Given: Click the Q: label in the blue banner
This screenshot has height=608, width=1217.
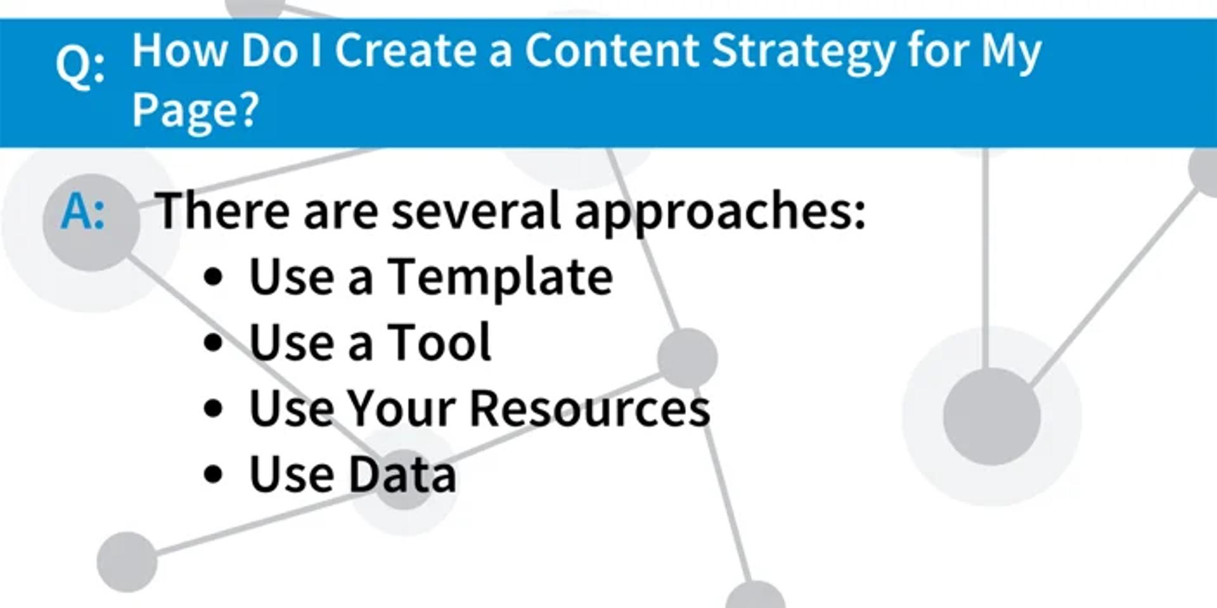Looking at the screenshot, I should click(80, 67).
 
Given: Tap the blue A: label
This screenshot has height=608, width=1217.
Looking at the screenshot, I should click(83, 212).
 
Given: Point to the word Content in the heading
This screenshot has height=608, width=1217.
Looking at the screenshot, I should click(612, 51).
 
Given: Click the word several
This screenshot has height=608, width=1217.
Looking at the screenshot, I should click(476, 212).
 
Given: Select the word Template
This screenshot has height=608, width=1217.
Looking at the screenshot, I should click(500, 278).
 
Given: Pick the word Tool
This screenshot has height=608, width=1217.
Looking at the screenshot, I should click(439, 342).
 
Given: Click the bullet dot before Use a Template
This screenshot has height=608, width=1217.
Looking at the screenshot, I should click(214, 277).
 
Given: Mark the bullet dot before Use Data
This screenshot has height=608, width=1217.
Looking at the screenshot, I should click(214, 475).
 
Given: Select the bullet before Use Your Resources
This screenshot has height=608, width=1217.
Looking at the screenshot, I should click(214, 409).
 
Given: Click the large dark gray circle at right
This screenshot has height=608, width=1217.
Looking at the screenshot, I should click(991, 417).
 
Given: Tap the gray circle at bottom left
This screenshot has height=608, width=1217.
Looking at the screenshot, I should click(127, 562).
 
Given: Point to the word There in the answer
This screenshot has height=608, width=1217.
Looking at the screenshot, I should click(222, 210).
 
